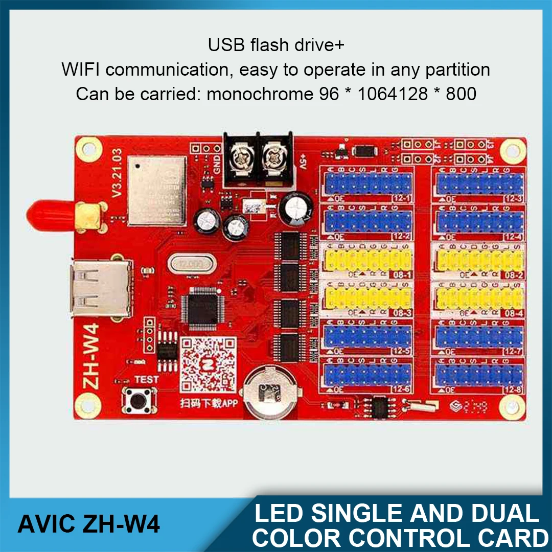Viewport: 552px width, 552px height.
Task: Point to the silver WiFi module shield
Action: click(156, 191)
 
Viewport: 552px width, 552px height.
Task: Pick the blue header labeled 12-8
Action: click(479, 375)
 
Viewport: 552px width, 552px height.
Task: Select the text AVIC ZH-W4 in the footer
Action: click(88, 524)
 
